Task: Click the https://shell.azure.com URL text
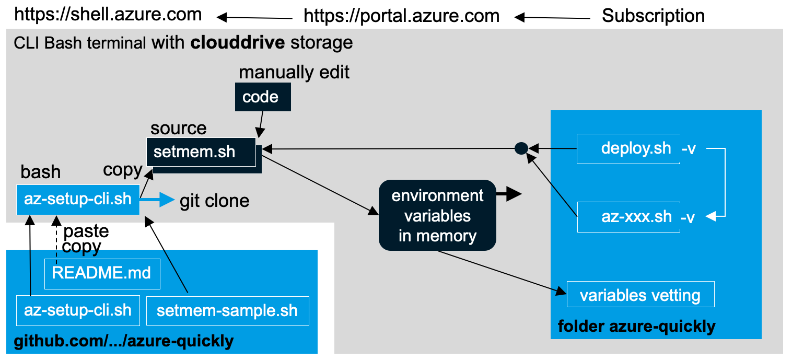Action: coord(108,15)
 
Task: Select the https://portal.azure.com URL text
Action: coord(401,16)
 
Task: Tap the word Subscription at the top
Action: coord(653,16)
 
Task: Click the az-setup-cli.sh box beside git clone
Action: coord(78,200)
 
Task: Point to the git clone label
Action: coord(214,201)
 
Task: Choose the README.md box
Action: coord(102,273)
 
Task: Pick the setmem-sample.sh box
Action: coord(227,311)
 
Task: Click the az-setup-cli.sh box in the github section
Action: coord(78,310)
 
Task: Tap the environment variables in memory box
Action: coord(437,216)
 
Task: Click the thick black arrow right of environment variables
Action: coord(509,195)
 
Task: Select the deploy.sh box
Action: coord(628,148)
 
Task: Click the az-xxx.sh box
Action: coord(628,217)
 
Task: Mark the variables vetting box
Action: coord(640,295)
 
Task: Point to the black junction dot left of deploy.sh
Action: coord(521,149)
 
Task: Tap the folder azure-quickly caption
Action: coord(636,327)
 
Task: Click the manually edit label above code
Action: coord(294,72)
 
